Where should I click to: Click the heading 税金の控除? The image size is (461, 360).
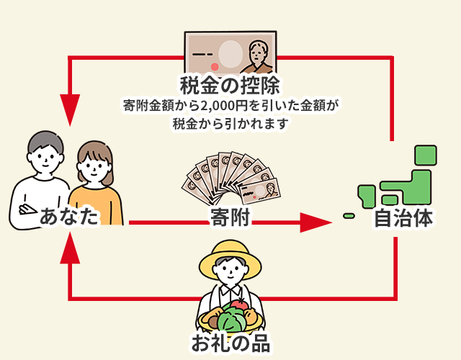(230, 84)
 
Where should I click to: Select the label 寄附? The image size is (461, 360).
(230, 217)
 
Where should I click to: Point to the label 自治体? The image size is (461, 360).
(403, 218)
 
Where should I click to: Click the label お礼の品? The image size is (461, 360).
(230, 343)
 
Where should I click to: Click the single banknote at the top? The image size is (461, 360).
(230, 51)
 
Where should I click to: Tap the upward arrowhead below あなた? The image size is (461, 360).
(70, 248)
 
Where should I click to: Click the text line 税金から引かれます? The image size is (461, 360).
(230, 123)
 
